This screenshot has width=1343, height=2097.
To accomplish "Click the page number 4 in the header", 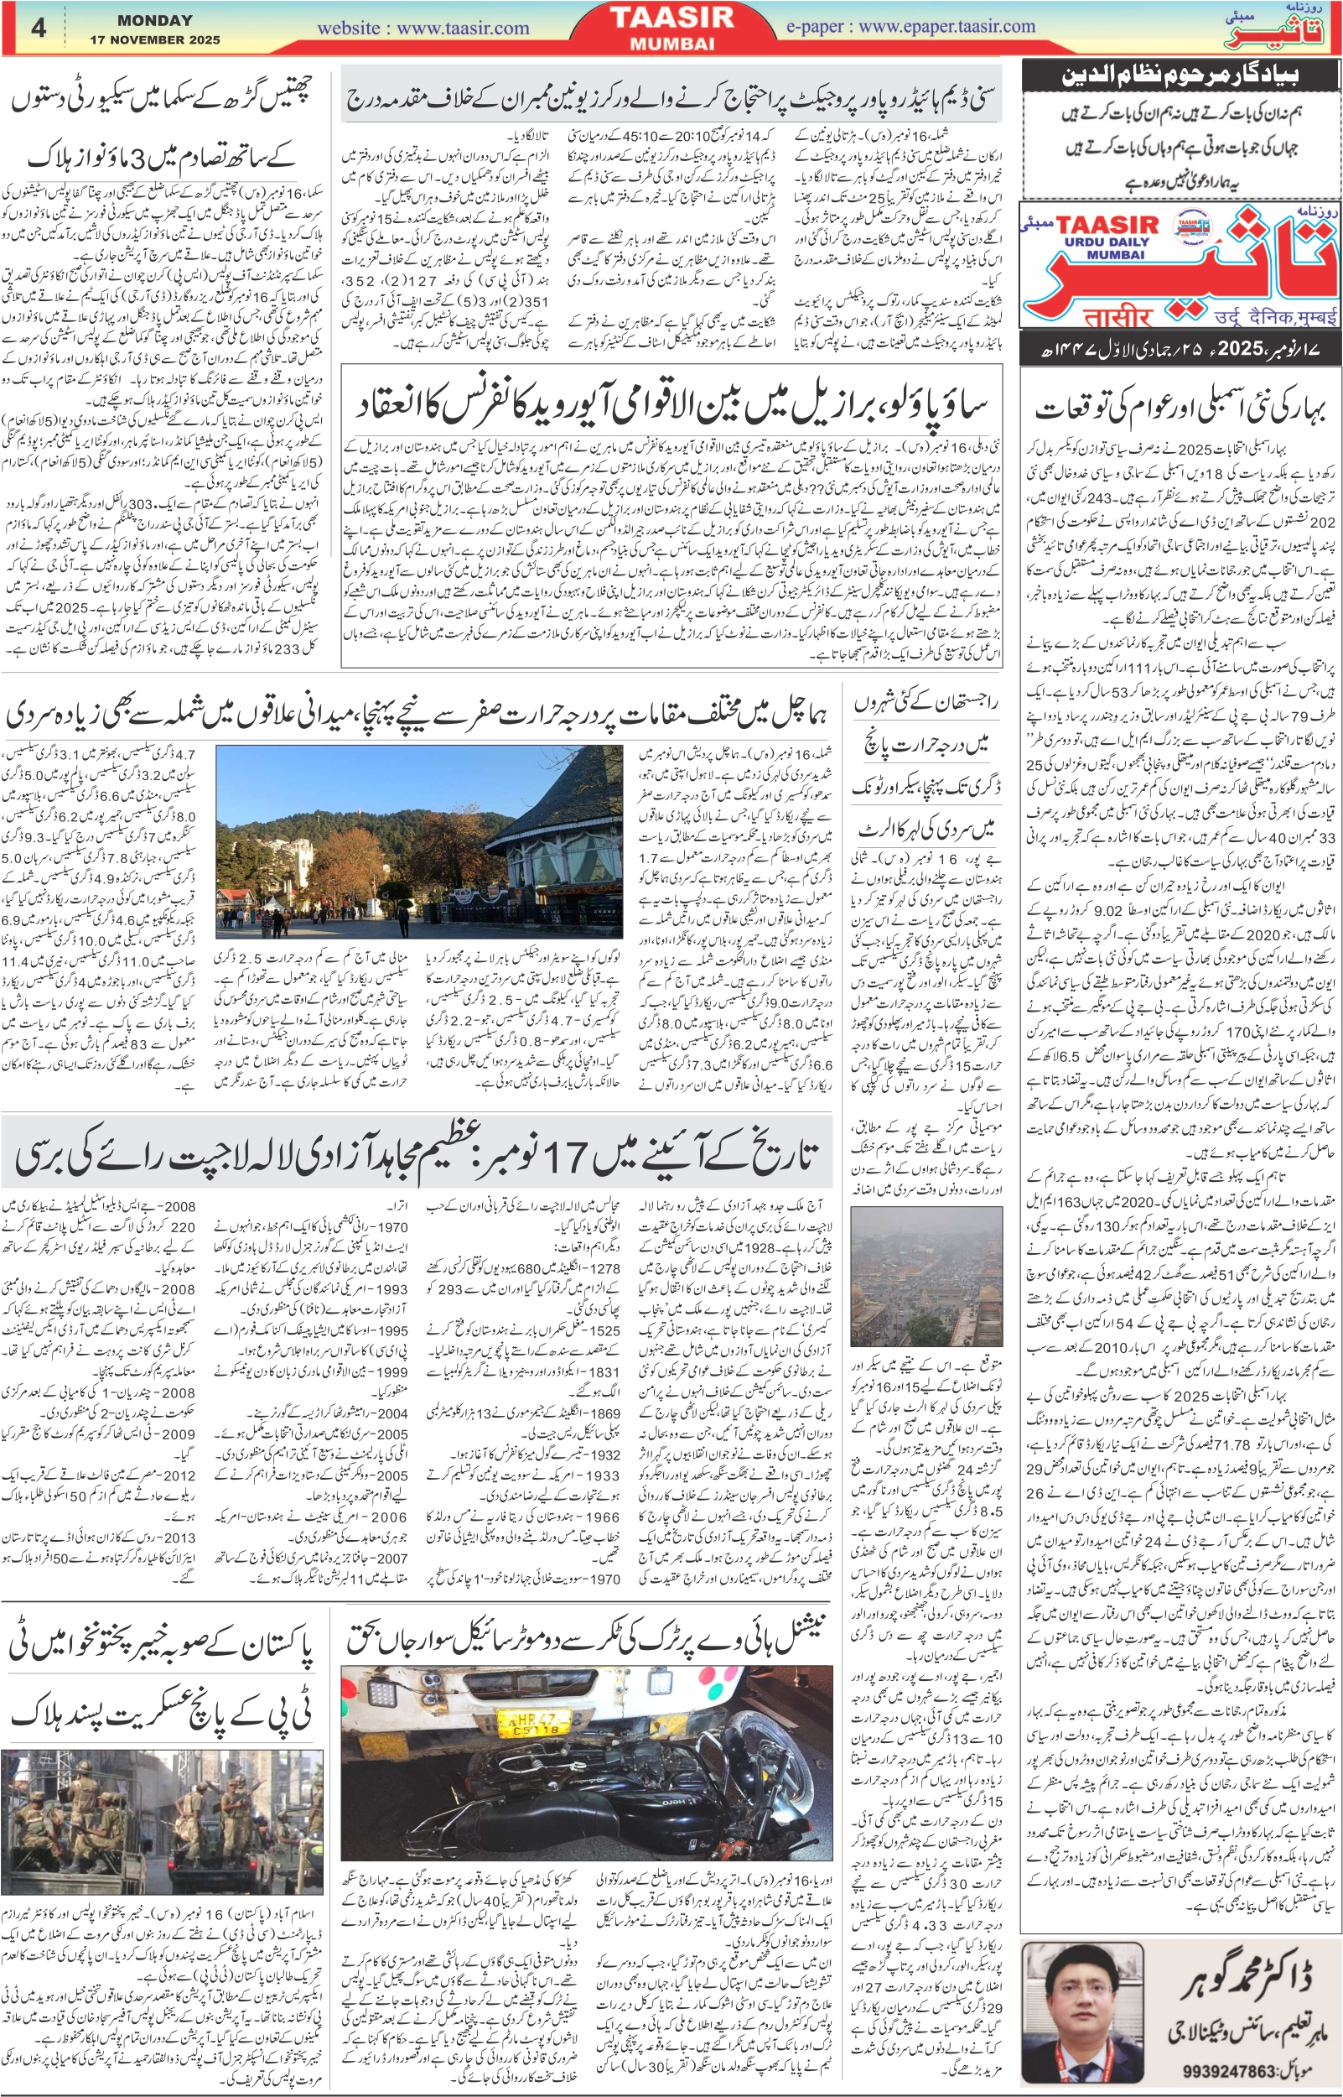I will (x=39, y=28).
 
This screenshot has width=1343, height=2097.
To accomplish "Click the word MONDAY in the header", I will (x=155, y=20).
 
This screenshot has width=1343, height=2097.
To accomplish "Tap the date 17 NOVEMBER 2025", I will (x=155, y=39).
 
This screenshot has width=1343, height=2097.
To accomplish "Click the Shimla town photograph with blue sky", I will (x=418, y=843).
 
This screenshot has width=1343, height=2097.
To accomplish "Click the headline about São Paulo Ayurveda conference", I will (x=671, y=402).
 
